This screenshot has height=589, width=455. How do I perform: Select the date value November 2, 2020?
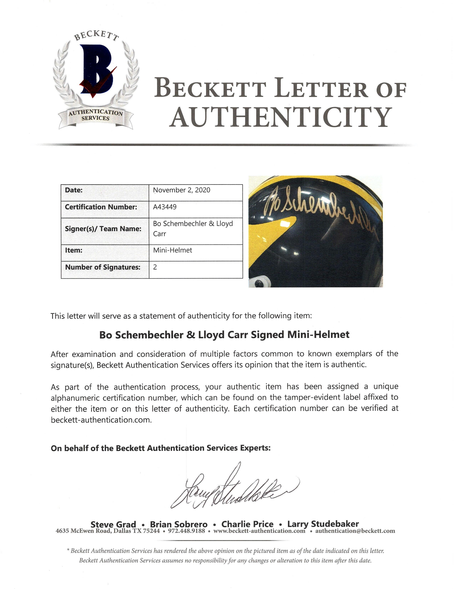click(181, 190)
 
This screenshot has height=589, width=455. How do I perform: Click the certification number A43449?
click(165, 207)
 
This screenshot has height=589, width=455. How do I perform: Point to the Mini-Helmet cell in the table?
click(173, 250)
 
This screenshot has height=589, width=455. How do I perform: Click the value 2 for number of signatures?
click(155, 267)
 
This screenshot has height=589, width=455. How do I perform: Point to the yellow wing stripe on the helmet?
click(272, 229)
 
